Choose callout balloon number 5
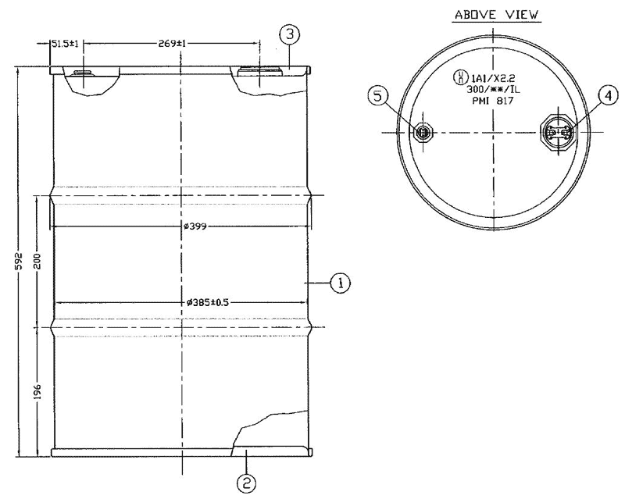[379, 97]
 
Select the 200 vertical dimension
[36, 261]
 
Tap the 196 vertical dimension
[36, 391]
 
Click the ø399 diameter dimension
[195, 226]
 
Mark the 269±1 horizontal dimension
[170, 44]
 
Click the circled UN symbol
[460, 78]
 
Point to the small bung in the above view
[423, 133]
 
